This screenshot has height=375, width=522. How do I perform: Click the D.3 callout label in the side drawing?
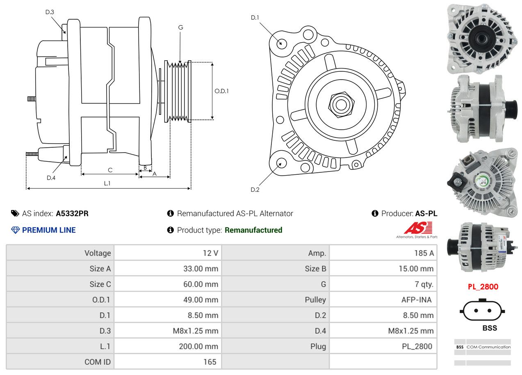point(50,12)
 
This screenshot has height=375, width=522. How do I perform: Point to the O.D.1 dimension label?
point(221,91)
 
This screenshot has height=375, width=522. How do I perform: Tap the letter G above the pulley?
point(180,27)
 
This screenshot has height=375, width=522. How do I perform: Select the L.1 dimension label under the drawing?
point(107,183)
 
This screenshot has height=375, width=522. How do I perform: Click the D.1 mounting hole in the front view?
point(281,43)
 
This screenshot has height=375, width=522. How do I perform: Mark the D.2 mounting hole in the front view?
point(281,163)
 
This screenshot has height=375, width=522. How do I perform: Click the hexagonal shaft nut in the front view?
point(340,104)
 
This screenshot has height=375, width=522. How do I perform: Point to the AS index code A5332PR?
point(72,213)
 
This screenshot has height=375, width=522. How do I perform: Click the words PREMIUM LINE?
point(49,230)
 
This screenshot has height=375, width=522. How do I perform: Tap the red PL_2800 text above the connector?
point(483,287)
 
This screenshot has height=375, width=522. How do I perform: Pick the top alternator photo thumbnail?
point(481,39)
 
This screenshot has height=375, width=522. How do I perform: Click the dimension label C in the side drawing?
point(110,170)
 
